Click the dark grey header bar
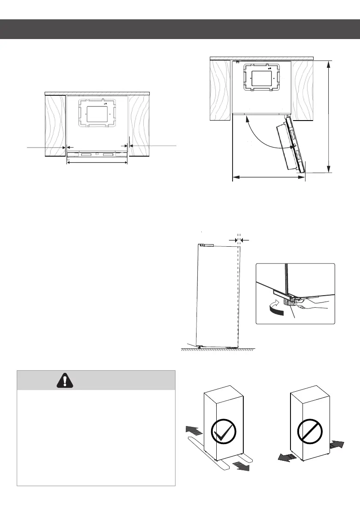pyautogui.click(x=180, y=29)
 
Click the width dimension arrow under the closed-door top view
pyautogui.click(x=97, y=163)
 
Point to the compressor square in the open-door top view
pyautogui.click(x=262, y=78)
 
